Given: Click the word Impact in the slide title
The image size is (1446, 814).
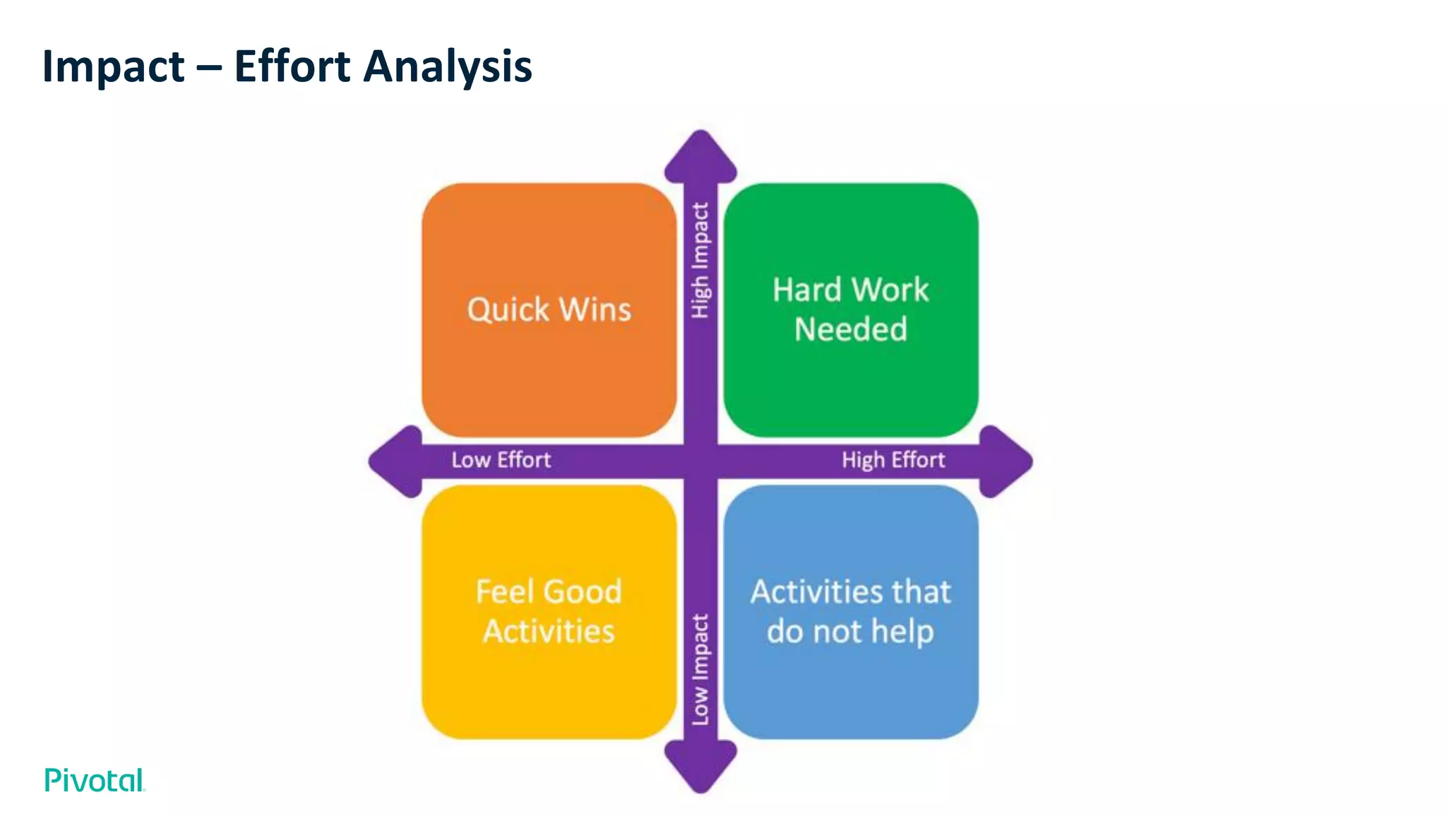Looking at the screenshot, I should coord(113,67).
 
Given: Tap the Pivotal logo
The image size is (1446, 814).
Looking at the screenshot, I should coord(95,780).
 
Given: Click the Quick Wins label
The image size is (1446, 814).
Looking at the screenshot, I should coord(549,309).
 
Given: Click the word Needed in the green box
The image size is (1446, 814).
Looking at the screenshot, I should coord(851,329).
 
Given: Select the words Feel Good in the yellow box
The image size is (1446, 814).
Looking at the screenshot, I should coord(549,591).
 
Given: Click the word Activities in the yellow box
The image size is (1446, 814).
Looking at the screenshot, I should coord(549,631).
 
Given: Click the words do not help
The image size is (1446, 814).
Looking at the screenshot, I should coord(851,631).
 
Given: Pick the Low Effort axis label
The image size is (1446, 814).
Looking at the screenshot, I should coord(501,460).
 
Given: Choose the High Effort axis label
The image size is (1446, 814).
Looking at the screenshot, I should coord(893,460).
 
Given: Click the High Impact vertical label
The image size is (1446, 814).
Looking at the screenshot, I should coord(700,260).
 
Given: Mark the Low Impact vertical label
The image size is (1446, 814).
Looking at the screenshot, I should coord(700,669).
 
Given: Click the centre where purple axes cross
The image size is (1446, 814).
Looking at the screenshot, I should coord(700,461).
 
